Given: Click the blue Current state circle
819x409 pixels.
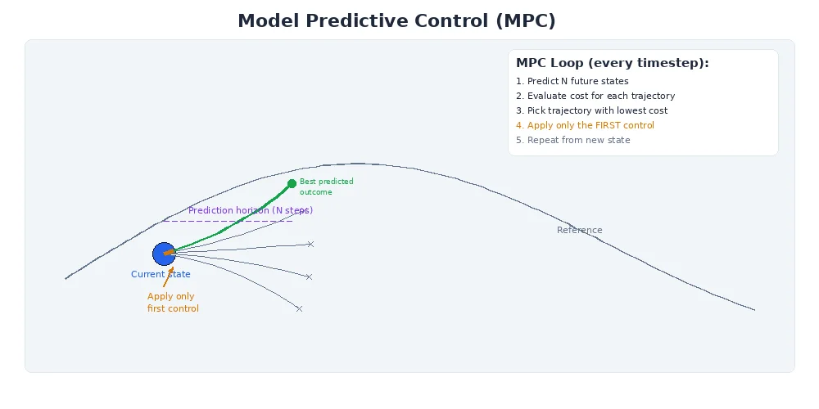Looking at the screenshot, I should pos(164,254).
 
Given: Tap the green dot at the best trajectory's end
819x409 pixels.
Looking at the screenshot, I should pos(292,183).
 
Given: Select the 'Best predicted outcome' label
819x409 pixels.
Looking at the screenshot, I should pos(326,187).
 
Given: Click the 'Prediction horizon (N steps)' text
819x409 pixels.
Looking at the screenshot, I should pos(251,210).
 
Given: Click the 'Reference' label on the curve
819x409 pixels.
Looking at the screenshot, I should pos(579,230).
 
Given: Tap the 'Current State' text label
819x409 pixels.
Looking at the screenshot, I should pos(161,275).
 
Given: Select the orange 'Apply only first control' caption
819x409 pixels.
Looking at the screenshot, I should pos(173,303).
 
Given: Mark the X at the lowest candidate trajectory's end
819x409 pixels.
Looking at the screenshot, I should pos(299,308).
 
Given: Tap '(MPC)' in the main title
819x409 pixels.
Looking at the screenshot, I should pos(525,21).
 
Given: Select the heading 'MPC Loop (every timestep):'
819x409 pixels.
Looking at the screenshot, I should pos(612,63).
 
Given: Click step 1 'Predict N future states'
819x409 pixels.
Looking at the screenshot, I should pos(572,81).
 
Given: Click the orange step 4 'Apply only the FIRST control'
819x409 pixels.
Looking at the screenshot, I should pos(585,125).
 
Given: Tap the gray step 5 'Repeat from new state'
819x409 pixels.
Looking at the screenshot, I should pos(572,140).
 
